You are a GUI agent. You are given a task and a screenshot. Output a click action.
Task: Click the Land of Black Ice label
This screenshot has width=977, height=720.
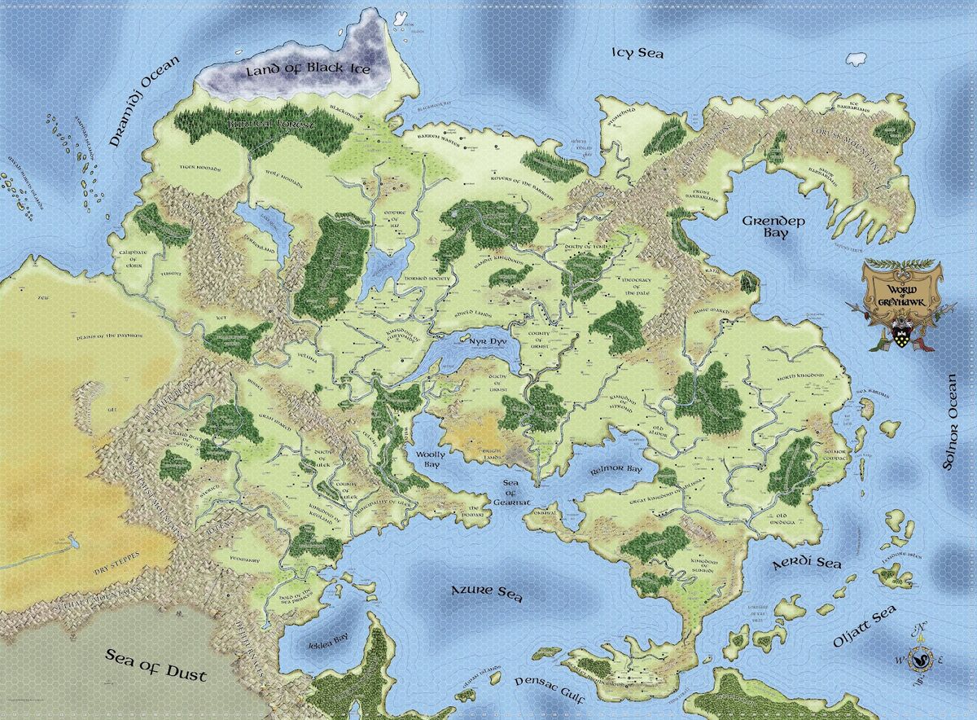[308, 70]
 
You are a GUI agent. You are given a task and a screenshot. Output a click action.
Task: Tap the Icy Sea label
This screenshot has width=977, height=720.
[637, 54]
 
